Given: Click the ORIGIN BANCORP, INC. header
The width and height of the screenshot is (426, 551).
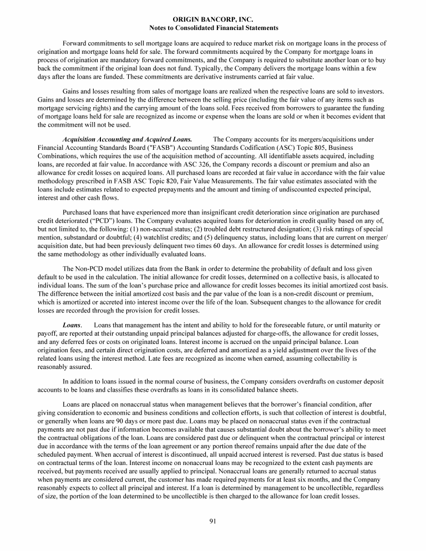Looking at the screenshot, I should (x=214, y=19).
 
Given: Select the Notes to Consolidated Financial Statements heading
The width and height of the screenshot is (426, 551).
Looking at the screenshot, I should (x=214, y=27).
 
